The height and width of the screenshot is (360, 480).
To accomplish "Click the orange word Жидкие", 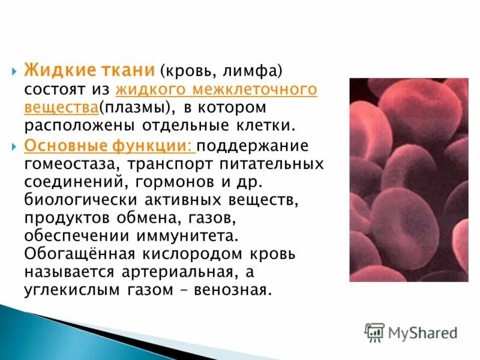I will coord(58,70).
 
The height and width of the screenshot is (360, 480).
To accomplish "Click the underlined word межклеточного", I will coord(259,90).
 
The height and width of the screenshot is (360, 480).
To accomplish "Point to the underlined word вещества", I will coord(61,108).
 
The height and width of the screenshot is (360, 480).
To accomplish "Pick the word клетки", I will coord(268,126).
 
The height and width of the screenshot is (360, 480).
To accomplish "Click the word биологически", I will coord(77,199).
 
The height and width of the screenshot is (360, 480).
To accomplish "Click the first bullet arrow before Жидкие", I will coord(14,71).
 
